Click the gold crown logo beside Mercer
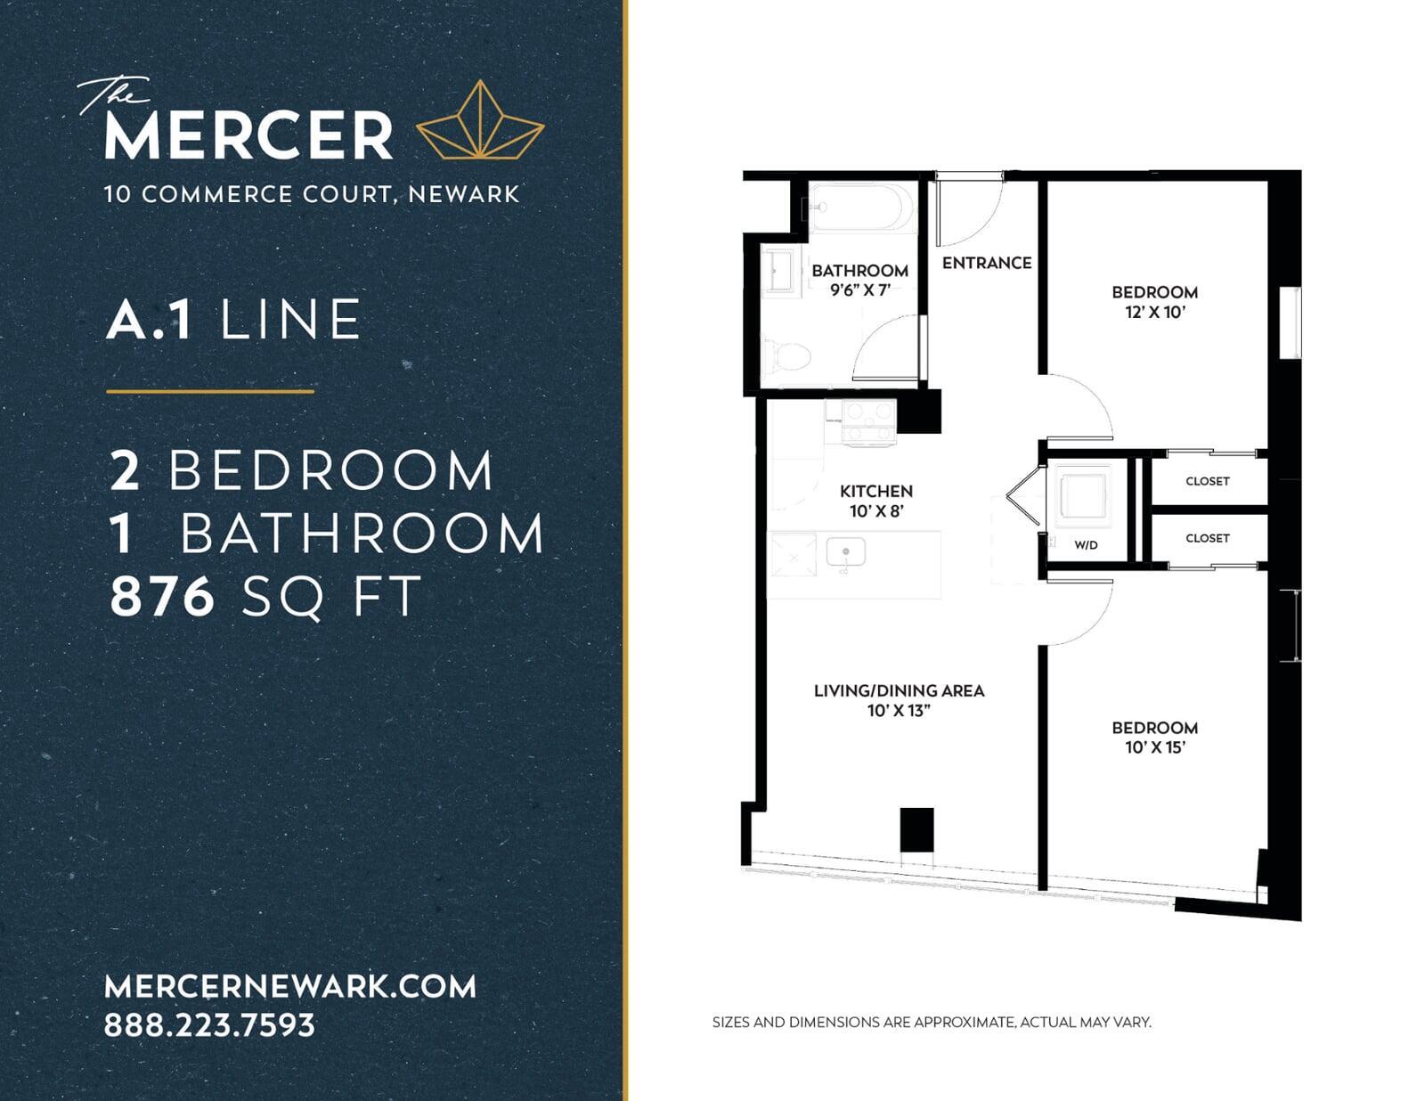479,120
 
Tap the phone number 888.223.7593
210,1025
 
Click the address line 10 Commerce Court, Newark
312,194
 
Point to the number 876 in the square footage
163,596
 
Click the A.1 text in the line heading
150,320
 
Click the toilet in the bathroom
787,356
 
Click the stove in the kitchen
869,423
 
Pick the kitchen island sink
845,552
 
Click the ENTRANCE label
987,263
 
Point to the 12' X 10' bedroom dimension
1155,312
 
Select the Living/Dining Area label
899,690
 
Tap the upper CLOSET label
1208,481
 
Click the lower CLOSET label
1208,538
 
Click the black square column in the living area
916,829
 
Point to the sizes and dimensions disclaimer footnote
932,1022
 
